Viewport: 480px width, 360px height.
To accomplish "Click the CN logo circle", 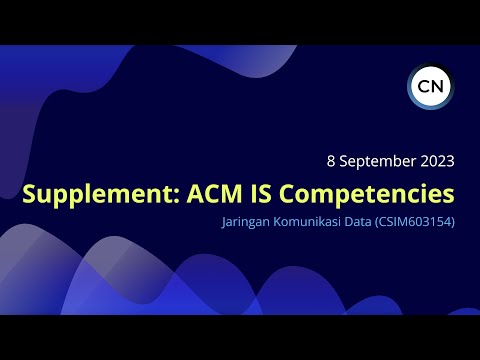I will pos(430,85).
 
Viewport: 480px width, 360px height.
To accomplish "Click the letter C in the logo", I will pos(422,85).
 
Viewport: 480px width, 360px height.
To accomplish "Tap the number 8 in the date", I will pos(331,160).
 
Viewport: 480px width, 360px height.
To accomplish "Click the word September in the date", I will pos(377,160).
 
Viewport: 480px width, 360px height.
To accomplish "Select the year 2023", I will pos(436,160).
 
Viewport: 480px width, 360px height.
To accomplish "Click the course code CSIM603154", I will pos(418,221).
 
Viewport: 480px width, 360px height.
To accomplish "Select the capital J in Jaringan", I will pos(224,221).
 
